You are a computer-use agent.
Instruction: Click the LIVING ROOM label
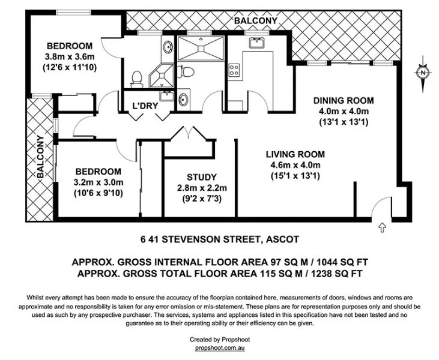pyautogui.click(x=294, y=154)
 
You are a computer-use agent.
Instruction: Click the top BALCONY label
pyautogui.click(x=255, y=21)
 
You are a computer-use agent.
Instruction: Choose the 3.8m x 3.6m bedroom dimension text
pyautogui.click(x=69, y=57)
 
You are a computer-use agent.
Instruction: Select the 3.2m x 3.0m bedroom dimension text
pyautogui.click(x=98, y=182)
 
